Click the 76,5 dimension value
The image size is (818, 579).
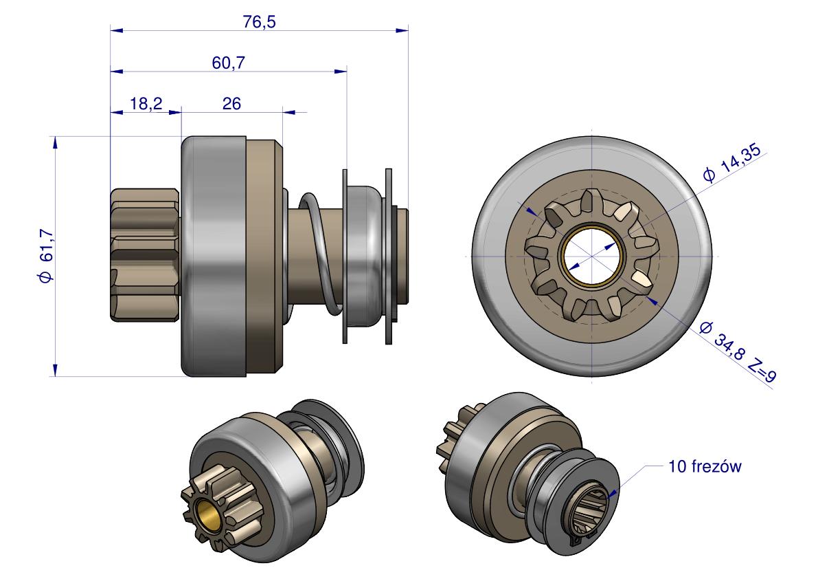260,22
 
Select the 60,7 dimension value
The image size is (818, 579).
228,63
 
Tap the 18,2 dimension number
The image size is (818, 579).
146,103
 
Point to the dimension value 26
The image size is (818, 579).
231,103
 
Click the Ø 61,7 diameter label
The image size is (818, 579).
46,256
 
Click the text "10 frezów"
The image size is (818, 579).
705,466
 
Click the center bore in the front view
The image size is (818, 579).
592,256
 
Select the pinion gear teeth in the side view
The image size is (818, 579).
144,254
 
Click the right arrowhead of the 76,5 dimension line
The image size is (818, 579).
402,30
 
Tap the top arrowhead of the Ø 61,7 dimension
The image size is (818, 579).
54,142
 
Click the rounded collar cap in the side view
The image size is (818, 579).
365,255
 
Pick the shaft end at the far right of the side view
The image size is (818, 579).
402,256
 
